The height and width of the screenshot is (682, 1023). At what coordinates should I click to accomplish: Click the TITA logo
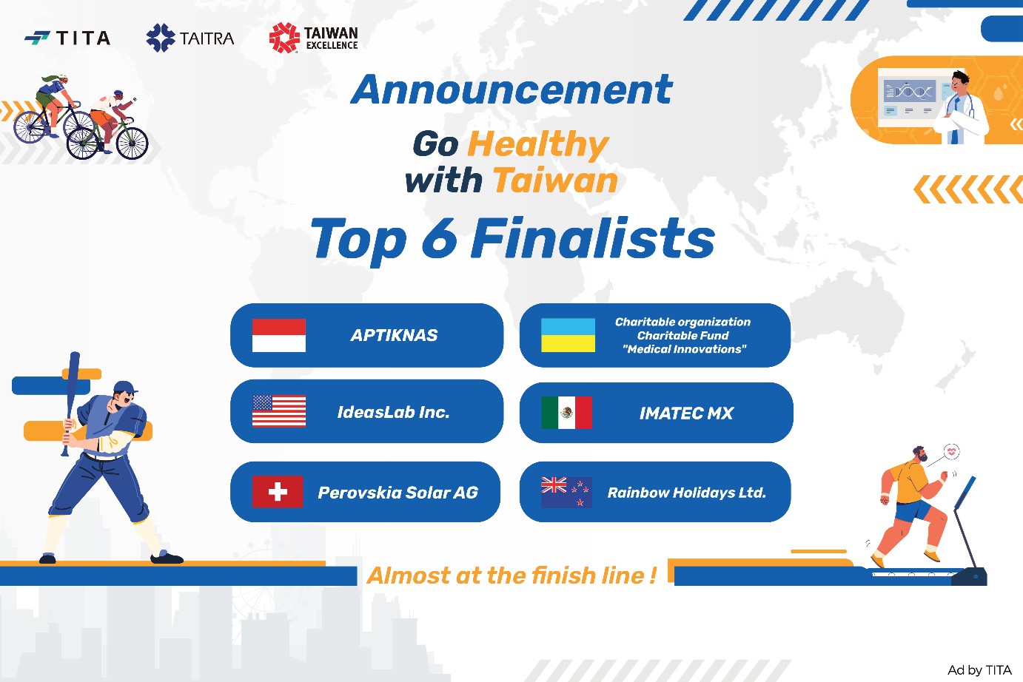click(x=67, y=38)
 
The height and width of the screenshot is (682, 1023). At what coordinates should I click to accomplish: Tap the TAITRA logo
click(x=190, y=38)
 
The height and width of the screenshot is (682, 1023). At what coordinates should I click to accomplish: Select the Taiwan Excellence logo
click(x=314, y=38)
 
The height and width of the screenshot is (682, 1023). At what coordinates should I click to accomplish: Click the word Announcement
click(x=512, y=90)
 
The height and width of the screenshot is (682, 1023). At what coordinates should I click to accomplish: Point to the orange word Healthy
click(x=538, y=144)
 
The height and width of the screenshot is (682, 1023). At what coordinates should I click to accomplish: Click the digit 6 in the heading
click(x=439, y=239)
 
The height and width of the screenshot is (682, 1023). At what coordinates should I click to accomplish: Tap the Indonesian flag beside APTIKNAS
click(x=278, y=336)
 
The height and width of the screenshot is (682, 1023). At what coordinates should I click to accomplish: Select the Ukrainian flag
click(x=568, y=335)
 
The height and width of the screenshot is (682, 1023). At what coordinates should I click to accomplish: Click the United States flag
click(x=278, y=411)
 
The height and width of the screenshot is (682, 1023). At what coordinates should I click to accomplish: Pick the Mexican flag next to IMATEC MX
click(x=566, y=413)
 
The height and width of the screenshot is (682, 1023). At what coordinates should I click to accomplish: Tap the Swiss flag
click(x=277, y=492)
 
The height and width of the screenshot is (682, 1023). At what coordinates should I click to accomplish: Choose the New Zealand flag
click(x=566, y=492)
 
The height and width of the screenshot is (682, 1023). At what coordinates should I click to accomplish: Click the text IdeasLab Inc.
click(x=394, y=412)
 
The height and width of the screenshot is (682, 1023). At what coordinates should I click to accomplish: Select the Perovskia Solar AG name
click(x=398, y=493)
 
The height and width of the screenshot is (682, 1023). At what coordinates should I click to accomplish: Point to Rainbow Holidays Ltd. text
click(x=686, y=493)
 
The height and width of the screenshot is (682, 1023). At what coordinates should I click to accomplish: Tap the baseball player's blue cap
click(x=124, y=388)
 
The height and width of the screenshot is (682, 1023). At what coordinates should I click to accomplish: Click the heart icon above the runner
click(x=952, y=452)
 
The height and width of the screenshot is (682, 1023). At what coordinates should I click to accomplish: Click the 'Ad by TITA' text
click(x=979, y=670)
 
